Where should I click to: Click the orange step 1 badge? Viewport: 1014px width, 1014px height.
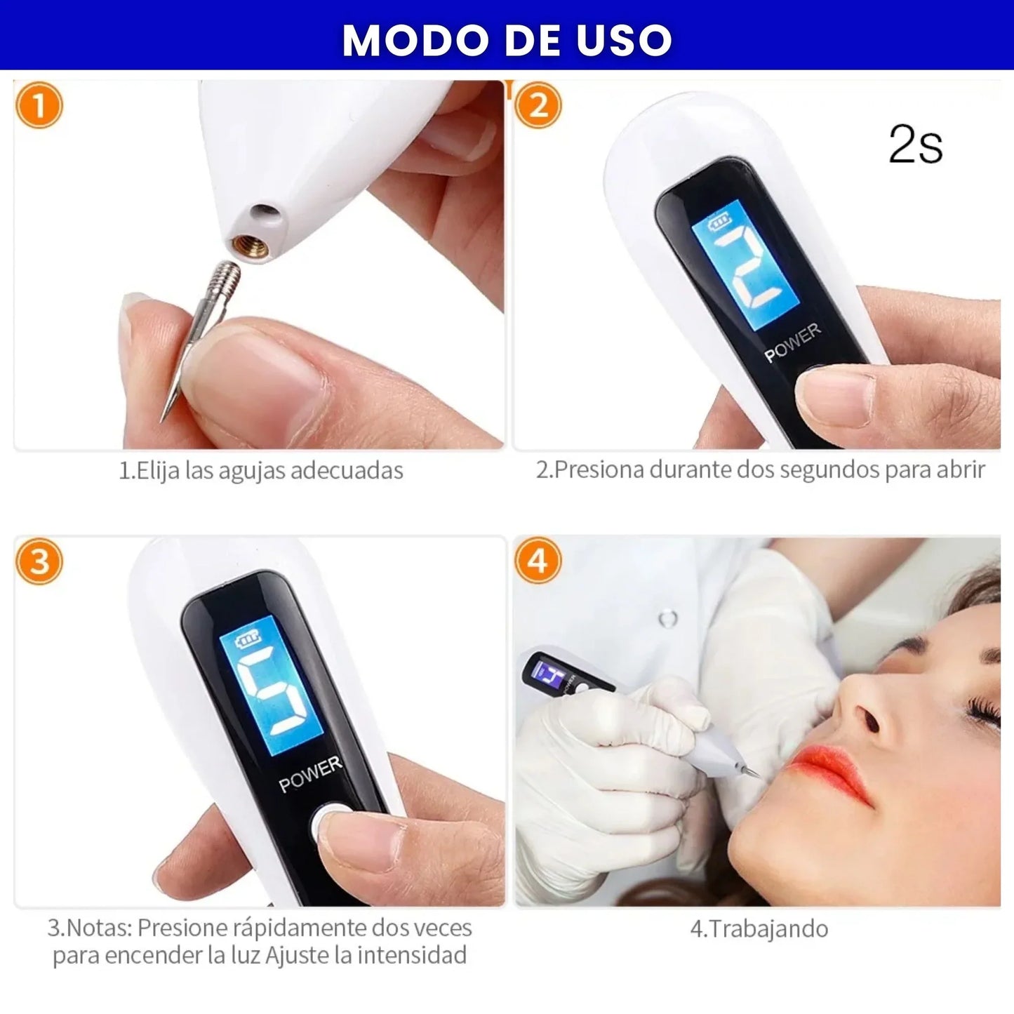coord(39,105)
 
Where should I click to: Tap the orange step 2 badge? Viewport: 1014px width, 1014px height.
coord(538,105)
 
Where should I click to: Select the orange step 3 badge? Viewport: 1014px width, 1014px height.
coord(39,561)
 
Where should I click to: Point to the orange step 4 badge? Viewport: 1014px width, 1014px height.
coord(538,561)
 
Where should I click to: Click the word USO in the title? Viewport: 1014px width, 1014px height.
coord(624,40)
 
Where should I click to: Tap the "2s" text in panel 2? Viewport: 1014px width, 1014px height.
coord(915,145)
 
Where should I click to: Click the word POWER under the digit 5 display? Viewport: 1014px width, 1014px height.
coord(309,774)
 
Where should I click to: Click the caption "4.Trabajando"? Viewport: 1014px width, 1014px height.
coord(759,929)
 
